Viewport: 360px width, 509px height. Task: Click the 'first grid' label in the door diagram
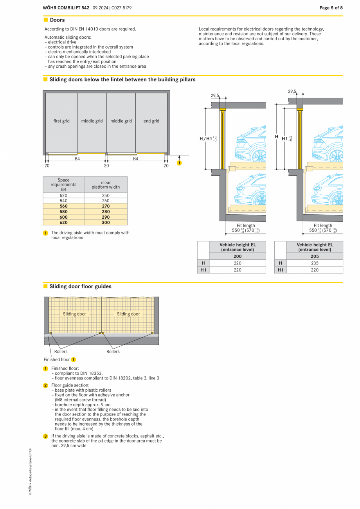(61, 121)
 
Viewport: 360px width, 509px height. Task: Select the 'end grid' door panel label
(151, 121)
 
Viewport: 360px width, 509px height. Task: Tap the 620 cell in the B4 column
(63, 222)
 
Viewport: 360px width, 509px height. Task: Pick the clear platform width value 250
(106, 195)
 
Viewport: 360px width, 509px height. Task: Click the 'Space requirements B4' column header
(63, 184)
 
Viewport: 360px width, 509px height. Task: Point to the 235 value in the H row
(315, 263)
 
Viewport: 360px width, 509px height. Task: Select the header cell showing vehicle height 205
(315, 256)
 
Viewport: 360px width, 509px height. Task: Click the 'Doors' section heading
(57, 20)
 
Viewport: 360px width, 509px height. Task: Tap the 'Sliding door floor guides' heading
(80, 286)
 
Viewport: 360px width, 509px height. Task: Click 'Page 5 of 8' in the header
(331, 8)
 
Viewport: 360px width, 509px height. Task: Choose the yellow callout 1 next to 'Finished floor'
(74, 360)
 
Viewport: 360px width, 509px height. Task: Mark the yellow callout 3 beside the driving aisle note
(45, 436)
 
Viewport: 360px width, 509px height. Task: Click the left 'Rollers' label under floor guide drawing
(61, 351)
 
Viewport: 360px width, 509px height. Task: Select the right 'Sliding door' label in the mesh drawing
(128, 314)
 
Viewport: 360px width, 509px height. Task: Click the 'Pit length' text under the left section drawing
(246, 225)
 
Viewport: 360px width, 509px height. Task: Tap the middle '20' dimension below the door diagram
(106, 165)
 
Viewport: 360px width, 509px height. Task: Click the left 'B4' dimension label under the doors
(77, 159)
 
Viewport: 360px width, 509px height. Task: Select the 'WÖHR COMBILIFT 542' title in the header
(66, 8)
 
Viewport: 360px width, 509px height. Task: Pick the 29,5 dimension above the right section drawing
(292, 91)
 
